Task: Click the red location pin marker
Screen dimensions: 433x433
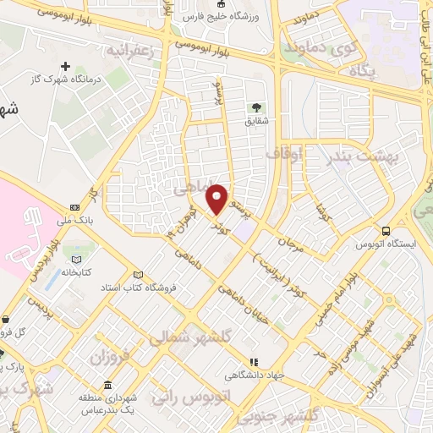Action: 217,198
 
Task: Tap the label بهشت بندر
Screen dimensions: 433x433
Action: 346,158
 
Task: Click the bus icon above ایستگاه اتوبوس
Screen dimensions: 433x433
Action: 386,230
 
